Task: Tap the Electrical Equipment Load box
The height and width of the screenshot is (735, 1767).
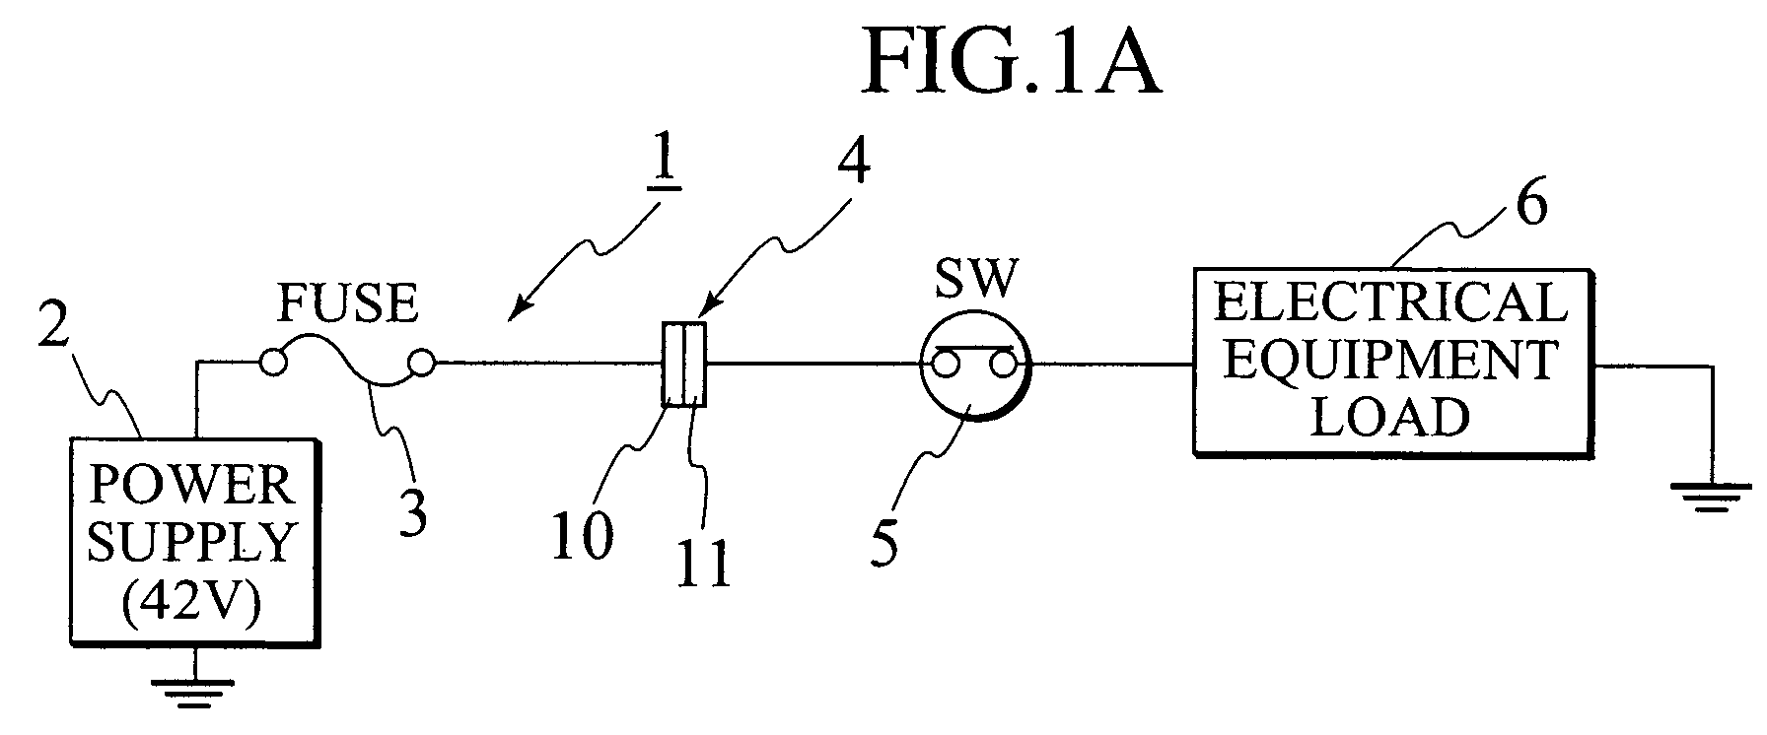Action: [x=1391, y=361]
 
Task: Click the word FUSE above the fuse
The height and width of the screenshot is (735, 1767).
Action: [x=347, y=303]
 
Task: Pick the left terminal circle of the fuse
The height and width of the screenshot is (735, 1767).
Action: [x=273, y=364]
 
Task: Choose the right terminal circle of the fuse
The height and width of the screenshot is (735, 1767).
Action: [x=421, y=364]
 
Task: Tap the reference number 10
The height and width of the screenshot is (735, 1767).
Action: [x=582, y=536]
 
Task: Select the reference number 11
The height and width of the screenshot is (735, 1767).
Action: [x=704, y=564]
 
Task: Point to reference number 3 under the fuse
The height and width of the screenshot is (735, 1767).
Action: [x=413, y=511]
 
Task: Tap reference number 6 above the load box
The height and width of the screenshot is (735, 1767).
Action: [x=1530, y=205]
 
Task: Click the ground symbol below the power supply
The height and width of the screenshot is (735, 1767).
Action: [x=194, y=683]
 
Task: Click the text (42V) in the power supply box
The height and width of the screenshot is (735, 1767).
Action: [x=193, y=601]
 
